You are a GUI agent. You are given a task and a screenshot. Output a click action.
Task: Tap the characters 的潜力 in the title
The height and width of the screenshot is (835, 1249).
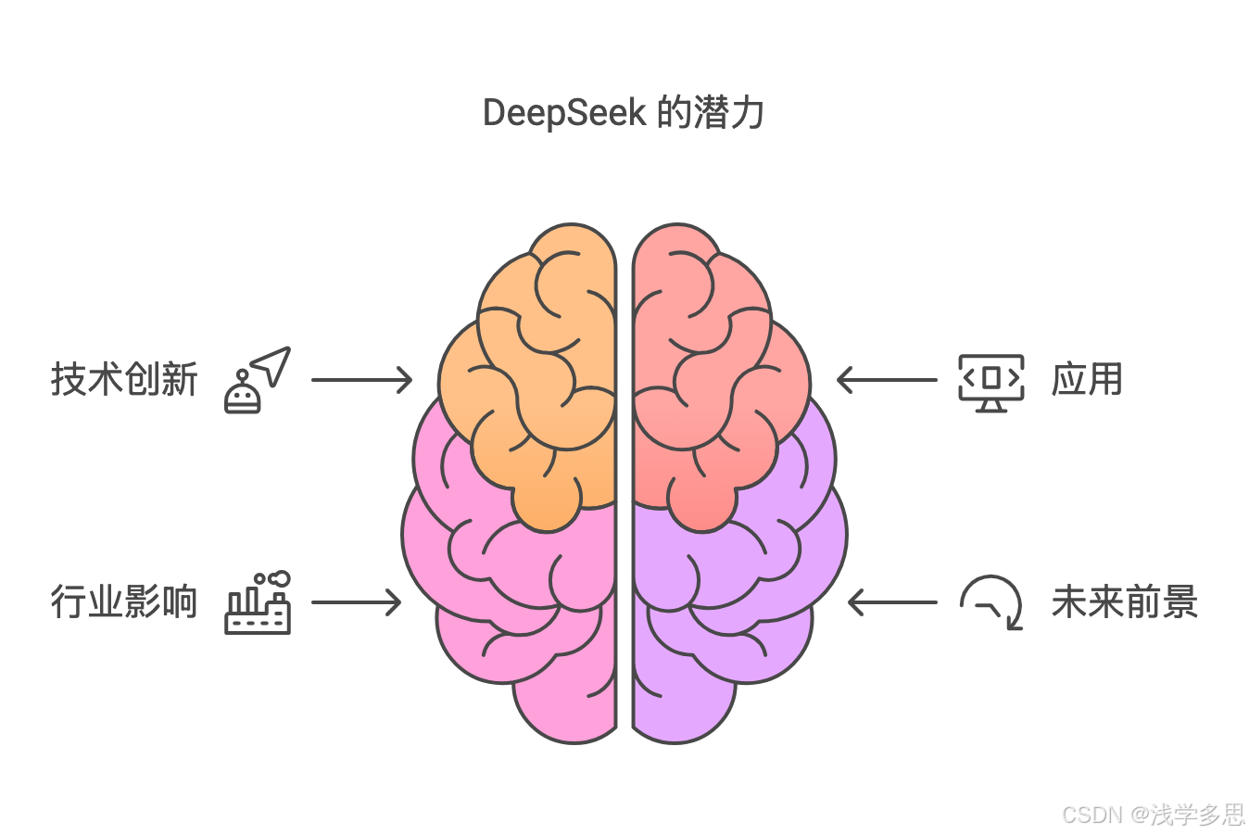coord(711,113)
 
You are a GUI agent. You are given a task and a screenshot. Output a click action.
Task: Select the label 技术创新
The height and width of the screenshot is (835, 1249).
coord(124,380)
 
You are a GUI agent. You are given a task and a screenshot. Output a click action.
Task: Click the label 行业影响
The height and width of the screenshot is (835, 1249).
coord(124,602)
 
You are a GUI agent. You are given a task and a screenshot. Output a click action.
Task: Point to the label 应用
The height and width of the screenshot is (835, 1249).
coord(1087,380)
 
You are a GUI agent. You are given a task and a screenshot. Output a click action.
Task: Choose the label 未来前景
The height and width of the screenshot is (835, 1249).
coord(1125,602)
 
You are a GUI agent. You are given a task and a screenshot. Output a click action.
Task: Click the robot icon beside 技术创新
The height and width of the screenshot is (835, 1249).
coord(243,393)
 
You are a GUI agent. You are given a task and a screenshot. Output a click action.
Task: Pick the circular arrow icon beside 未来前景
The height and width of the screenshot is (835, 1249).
coord(991,602)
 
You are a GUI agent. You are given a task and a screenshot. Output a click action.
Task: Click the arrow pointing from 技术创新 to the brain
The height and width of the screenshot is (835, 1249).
coord(361,380)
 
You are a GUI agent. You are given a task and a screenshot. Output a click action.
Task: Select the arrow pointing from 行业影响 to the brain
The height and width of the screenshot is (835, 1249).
coord(356,602)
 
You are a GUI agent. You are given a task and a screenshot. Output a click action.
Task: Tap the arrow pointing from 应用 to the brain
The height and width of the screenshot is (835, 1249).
coord(887,380)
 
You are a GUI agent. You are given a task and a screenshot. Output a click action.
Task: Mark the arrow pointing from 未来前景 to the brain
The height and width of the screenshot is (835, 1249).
coord(892,602)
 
